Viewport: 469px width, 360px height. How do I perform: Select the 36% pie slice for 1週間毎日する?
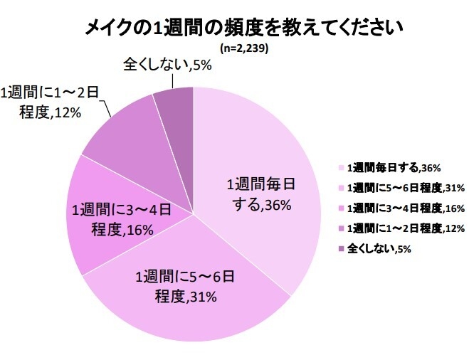270,157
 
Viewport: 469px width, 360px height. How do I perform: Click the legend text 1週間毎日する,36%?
394,169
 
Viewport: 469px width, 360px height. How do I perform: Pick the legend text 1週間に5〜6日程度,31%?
405,189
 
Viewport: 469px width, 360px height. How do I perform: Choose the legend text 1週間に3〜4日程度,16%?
405,208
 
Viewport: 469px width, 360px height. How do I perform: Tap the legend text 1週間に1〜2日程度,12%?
405,228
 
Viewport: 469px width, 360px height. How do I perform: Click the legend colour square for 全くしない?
340,248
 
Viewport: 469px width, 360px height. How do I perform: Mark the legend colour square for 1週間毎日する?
340,169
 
